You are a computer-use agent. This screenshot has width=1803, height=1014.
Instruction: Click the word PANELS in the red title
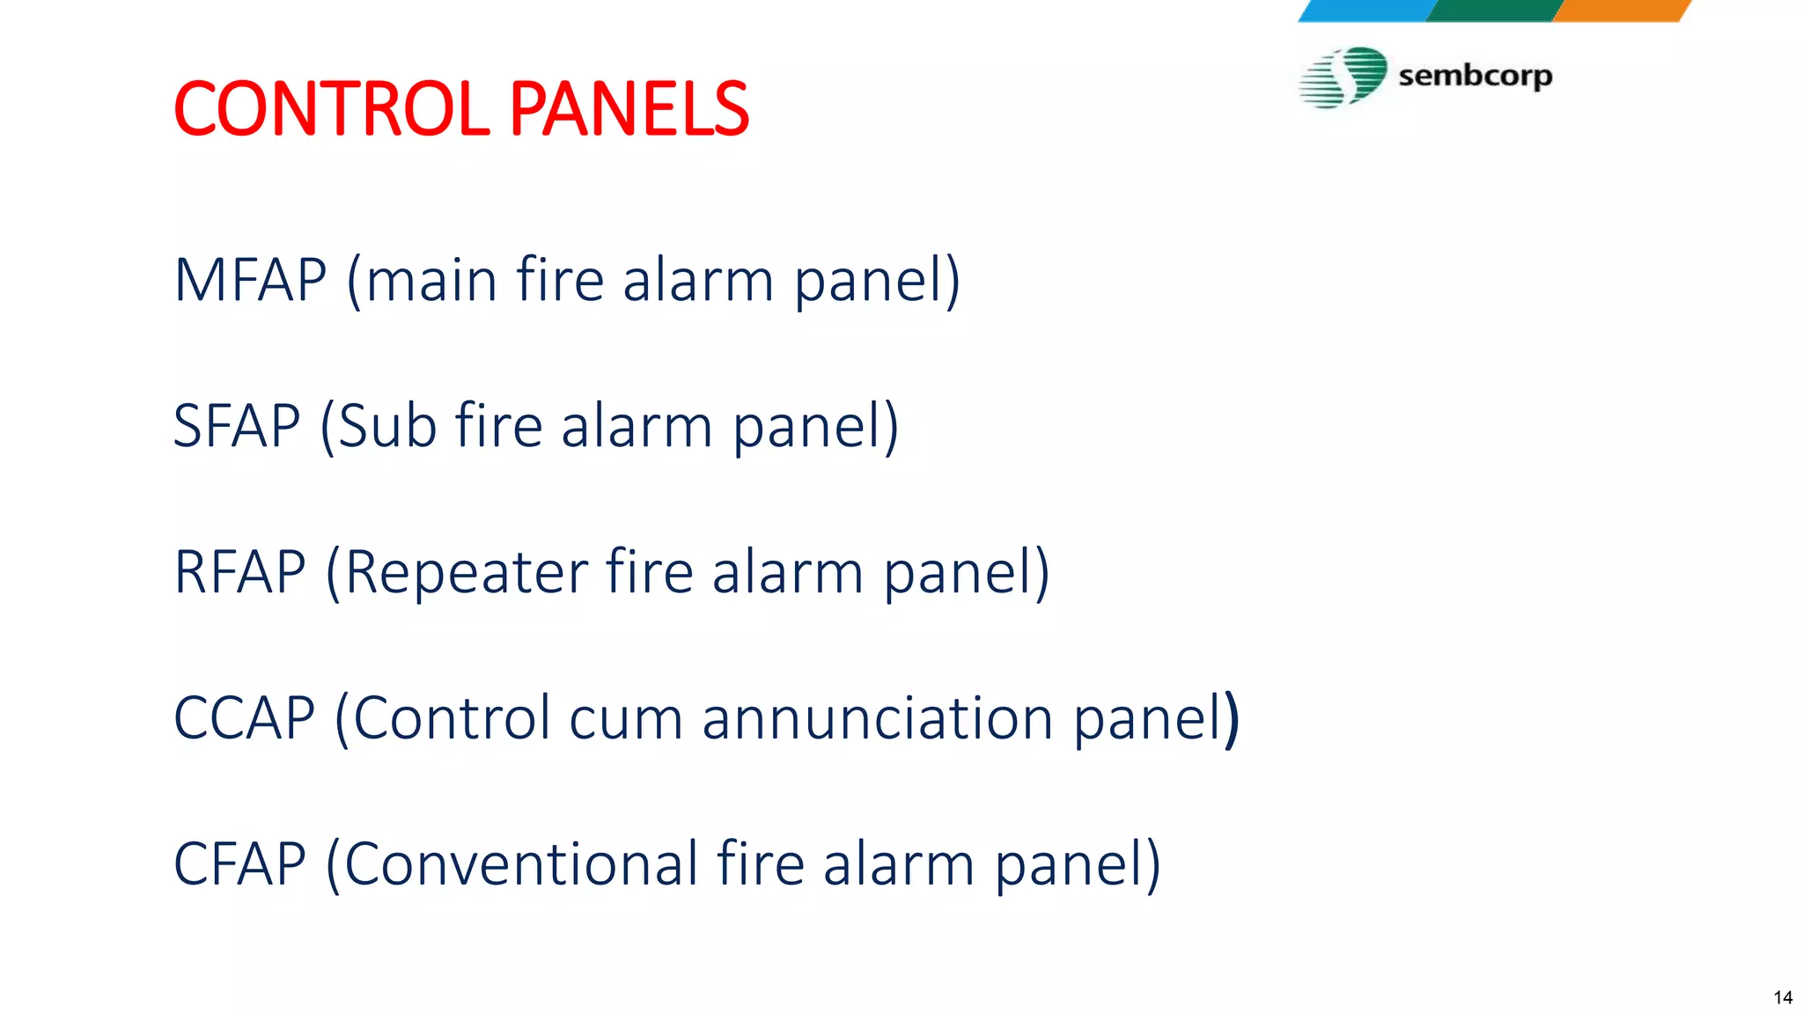[629, 109]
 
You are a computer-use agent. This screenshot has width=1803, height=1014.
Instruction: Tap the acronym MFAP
[251, 281]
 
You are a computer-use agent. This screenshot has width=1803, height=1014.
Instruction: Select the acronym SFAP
[237, 426]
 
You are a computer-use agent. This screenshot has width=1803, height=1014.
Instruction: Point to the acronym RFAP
[240, 572]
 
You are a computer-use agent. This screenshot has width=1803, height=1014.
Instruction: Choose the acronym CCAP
[244, 718]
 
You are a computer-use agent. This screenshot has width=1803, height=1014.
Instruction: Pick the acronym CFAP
[239, 863]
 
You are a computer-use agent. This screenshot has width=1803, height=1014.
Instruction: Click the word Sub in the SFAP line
[387, 426]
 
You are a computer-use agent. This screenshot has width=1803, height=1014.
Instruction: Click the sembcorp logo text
[1475, 77]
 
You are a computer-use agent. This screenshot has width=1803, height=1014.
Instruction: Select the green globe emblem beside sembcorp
[1344, 77]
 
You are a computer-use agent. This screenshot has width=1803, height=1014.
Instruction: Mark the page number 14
[1783, 997]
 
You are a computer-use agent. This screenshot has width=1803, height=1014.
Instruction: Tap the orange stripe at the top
[1622, 10]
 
